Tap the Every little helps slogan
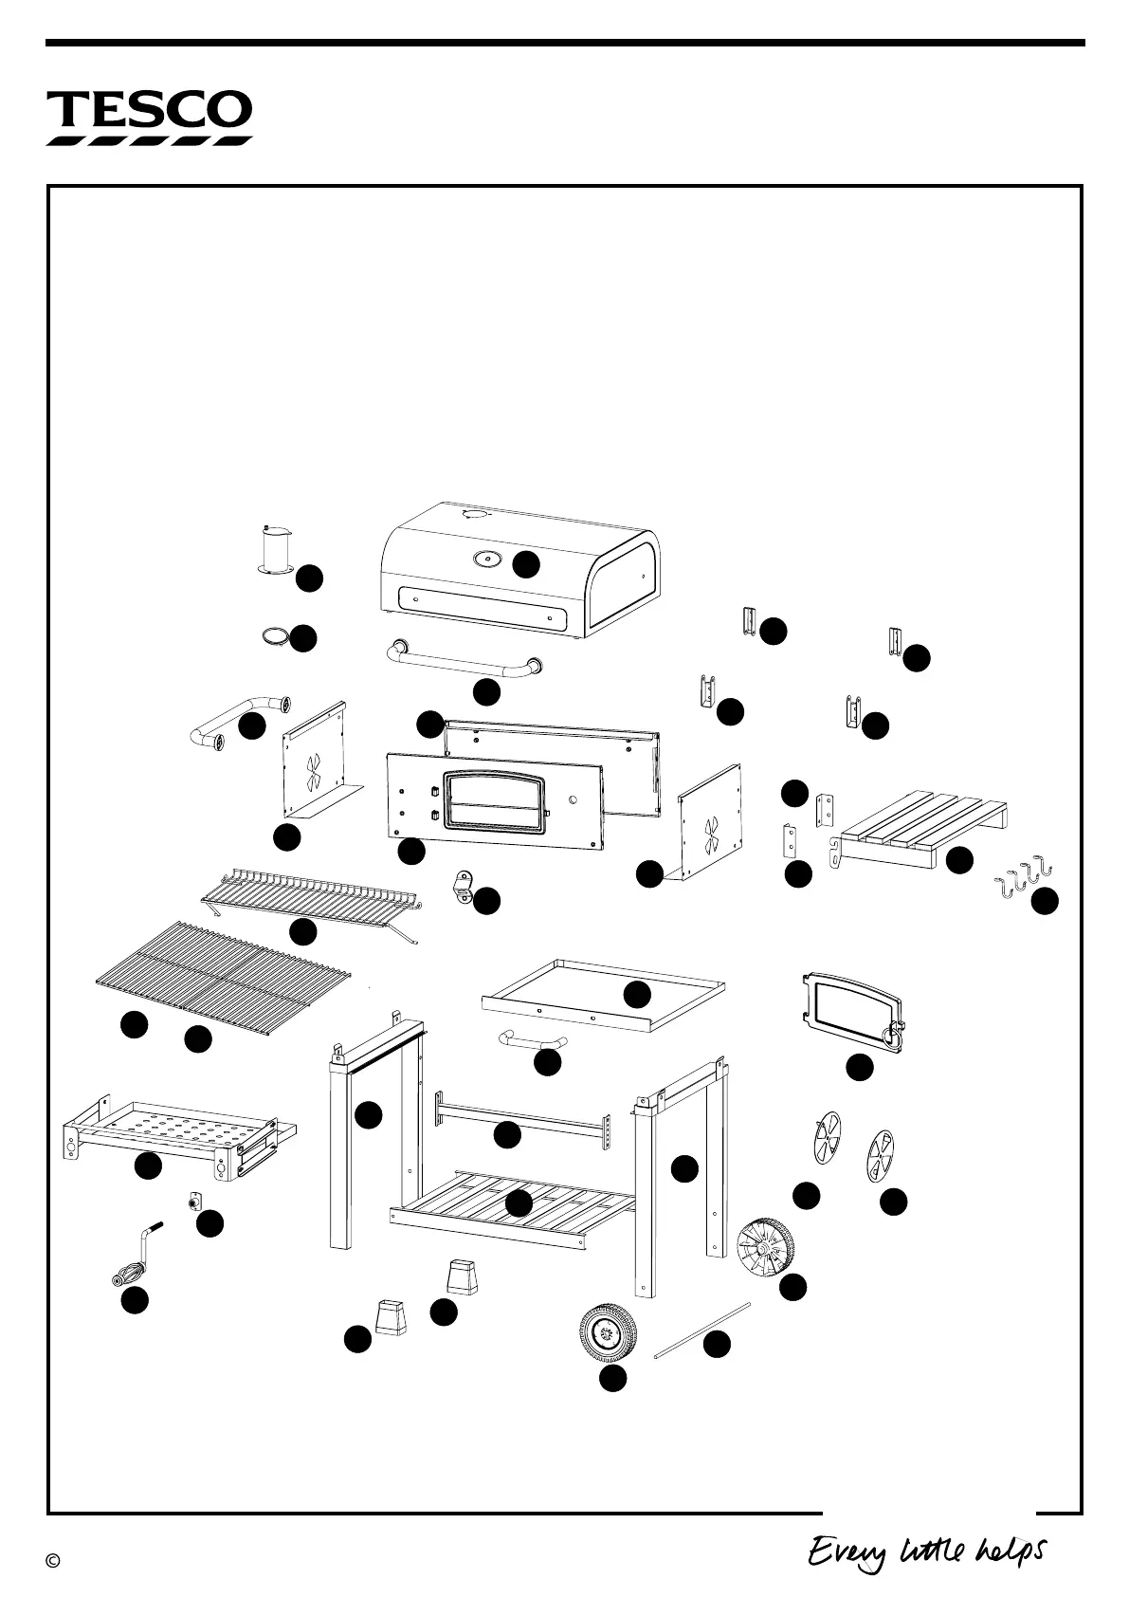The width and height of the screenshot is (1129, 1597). tap(926, 1552)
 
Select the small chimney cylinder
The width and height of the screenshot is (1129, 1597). tap(273, 551)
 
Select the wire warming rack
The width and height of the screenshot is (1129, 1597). tap(311, 900)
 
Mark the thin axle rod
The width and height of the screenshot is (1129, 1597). tap(702, 1333)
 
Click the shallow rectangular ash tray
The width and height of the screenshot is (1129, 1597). tap(603, 994)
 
